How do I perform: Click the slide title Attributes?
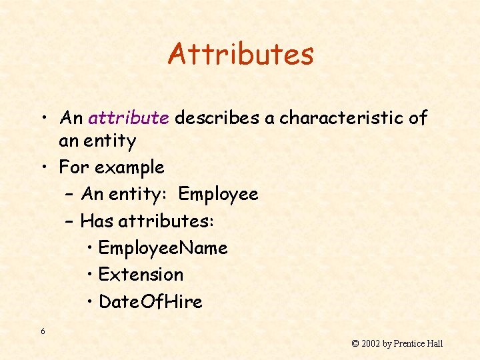(x=241, y=54)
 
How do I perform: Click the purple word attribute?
(x=128, y=118)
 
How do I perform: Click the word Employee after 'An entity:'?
(x=218, y=194)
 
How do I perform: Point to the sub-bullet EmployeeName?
(x=163, y=248)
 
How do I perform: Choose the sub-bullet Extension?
(x=141, y=274)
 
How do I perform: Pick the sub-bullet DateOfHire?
(x=150, y=301)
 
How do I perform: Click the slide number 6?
(x=43, y=331)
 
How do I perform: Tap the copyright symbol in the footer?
(x=355, y=344)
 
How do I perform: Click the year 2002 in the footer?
(x=371, y=344)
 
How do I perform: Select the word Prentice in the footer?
(x=409, y=344)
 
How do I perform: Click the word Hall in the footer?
(x=435, y=344)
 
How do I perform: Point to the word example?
(x=131, y=167)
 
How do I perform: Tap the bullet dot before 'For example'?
(x=43, y=167)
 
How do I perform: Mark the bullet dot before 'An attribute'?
(x=43, y=119)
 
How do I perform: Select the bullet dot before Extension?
(x=90, y=275)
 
